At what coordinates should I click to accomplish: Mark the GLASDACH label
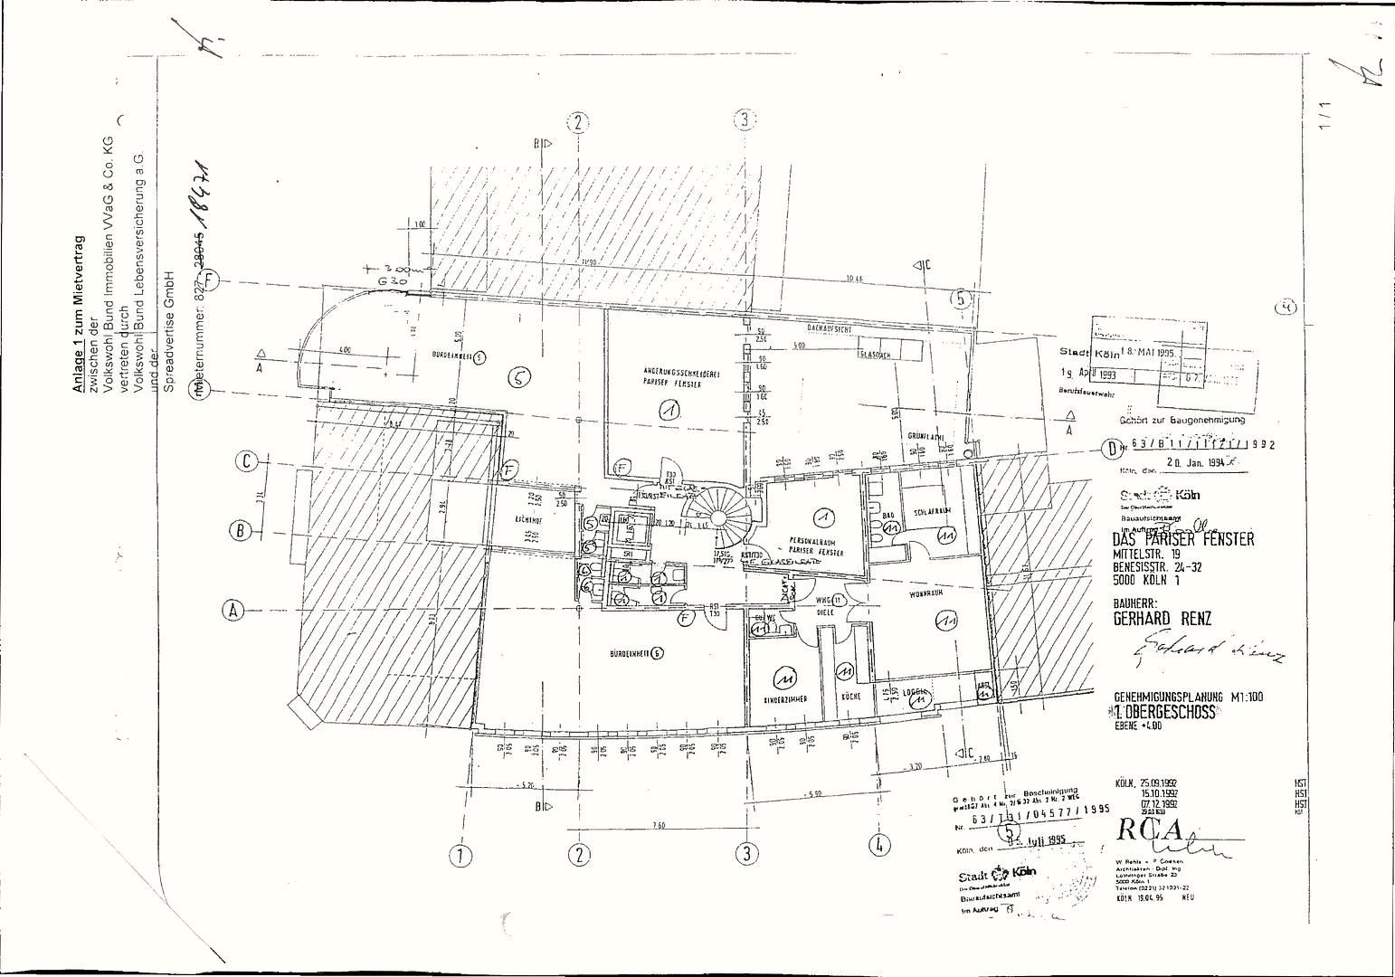[875, 355]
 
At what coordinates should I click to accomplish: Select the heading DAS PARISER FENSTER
[1183, 539]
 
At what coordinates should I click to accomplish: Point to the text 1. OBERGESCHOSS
[1165, 712]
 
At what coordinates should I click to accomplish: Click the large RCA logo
[1150, 830]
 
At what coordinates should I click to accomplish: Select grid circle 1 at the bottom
[462, 853]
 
